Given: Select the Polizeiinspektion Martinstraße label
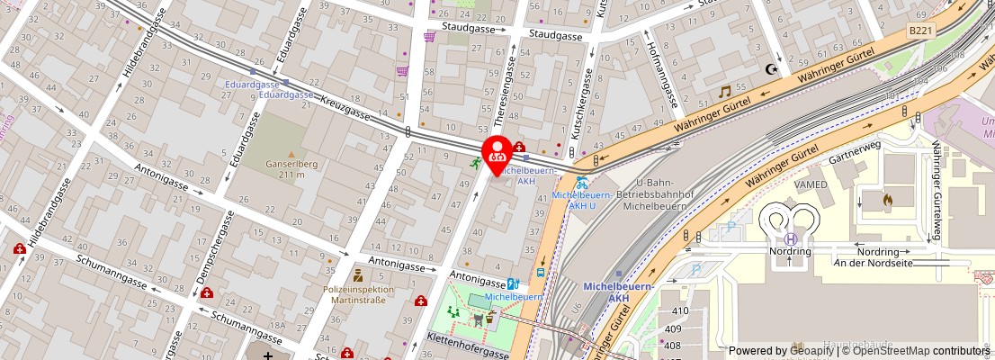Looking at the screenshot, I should tap(358, 295).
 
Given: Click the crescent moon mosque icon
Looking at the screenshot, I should tap(770, 68).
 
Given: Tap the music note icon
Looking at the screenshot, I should tap(724, 92).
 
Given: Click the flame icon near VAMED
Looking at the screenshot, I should tap(889, 198).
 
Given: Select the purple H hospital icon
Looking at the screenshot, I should tap(790, 238).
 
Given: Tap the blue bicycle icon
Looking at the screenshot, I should tap(582, 182).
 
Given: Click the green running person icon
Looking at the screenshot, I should tap(474, 163).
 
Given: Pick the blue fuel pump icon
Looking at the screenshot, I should tap(512, 283).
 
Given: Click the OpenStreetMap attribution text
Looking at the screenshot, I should tap(910, 351).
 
